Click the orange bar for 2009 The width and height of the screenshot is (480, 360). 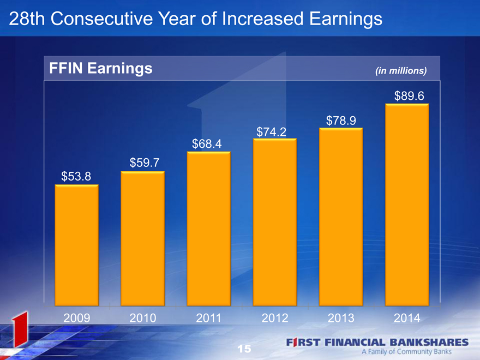(76, 245)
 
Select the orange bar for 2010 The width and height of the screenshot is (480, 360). (143, 238)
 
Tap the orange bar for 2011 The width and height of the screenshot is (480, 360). (209, 229)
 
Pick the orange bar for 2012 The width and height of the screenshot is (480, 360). (275, 222)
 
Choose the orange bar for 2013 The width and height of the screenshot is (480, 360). (341, 217)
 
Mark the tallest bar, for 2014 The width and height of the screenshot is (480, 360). (407, 205)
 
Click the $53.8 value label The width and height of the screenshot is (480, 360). (76, 176)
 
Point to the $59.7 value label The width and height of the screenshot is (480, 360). (145, 163)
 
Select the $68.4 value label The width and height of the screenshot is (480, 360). (207, 143)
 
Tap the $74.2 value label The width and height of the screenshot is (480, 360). (271, 132)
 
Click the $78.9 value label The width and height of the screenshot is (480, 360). (341, 121)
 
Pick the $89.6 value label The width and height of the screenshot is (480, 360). (409, 96)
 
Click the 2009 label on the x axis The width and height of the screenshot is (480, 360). (76, 318)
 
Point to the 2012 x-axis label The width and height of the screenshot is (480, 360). (275, 318)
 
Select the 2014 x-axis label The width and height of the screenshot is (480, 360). (407, 318)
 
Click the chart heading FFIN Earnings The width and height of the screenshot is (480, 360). (101, 68)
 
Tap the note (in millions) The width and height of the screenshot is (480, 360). (401, 71)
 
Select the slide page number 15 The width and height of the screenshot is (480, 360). (244, 349)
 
